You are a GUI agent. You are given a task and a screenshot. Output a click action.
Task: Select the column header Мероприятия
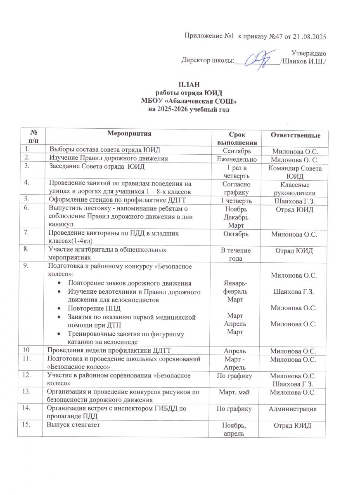coord(129,133)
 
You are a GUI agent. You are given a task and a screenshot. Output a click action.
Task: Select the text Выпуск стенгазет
coord(73,424)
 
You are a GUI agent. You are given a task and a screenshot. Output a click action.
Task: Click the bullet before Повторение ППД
coord(61,309)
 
